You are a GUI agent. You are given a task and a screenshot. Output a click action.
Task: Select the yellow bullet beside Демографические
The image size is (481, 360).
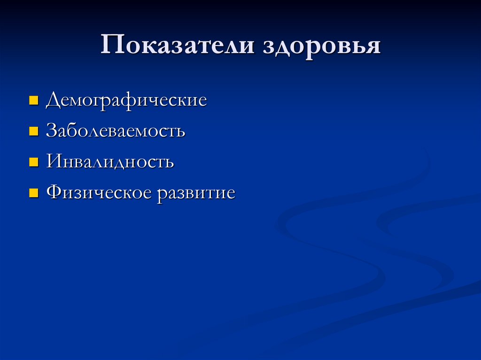coord(33,100)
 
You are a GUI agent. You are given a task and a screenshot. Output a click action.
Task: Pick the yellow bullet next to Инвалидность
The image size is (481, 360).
coord(33,162)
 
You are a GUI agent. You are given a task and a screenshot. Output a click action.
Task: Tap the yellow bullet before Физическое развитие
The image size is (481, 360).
coord(33,193)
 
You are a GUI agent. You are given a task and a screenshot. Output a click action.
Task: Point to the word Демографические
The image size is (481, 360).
coord(126,100)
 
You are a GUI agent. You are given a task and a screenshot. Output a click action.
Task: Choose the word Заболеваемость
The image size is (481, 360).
coord(116,131)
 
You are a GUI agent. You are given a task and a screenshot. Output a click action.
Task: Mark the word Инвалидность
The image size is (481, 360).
coord(110,162)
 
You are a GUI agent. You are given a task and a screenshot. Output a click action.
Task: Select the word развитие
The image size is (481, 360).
coord(196,193)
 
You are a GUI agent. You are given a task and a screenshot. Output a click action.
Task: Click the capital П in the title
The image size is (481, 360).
coord(111,47)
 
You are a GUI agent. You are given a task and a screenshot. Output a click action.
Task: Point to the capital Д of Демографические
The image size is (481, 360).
coord(53,100)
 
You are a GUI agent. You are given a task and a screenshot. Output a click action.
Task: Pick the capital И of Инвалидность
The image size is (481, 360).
coord(53,162)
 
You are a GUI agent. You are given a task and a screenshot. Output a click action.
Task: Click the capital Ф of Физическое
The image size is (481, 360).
coord(54,192)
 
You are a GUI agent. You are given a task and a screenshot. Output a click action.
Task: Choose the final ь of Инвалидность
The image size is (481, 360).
coord(170,163)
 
